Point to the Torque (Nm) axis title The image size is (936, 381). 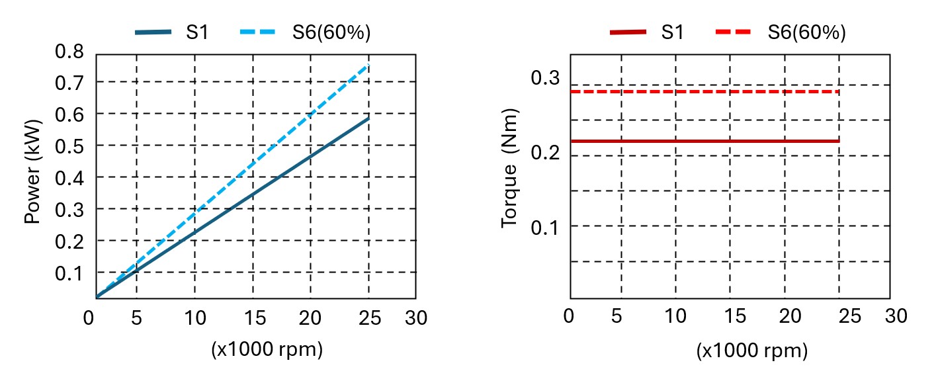tap(510, 168)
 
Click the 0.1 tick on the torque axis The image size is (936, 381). tap(545, 226)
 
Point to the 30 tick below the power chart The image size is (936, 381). tap(416, 318)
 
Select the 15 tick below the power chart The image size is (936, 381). tap(253, 318)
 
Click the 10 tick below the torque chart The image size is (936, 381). tap(675, 316)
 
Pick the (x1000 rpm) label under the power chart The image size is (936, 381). tap(267, 349)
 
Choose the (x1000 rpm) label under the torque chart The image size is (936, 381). tap(752, 351)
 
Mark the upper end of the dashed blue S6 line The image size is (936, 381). tap(368, 65)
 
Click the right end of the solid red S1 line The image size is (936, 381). tap(839, 141)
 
